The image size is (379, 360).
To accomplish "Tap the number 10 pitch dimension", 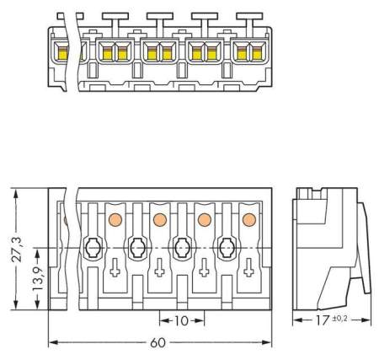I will [x=180, y=320].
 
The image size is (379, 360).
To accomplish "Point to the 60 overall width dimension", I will [x=157, y=347].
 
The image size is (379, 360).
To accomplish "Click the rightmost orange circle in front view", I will [x=248, y=220].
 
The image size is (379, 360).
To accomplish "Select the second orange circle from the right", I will [x=203, y=220].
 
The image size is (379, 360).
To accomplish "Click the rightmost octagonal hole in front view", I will [x=226, y=249].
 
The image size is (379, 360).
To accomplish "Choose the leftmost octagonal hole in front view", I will [x=92, y=249].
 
